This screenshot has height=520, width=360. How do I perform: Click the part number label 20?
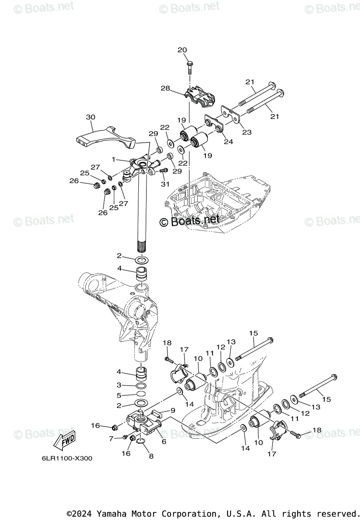click(182, 50)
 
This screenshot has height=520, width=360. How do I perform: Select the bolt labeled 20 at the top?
click(190, 66)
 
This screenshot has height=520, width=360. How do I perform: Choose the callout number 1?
click(113, 159)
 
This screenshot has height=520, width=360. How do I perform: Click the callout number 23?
click(246, 133)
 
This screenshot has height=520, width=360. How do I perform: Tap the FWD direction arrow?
click(63, 442)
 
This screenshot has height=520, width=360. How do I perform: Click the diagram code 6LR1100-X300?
click(67, 458)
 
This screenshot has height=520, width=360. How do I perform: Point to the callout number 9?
click(172, 410)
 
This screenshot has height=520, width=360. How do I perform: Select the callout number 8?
click(151, 456)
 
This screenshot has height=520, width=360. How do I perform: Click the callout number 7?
click(111, 439)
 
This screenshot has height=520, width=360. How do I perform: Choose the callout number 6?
click(164, 442)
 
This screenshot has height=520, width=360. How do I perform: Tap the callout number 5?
click(119, 395)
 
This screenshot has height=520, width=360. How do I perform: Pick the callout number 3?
click(119, 385)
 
